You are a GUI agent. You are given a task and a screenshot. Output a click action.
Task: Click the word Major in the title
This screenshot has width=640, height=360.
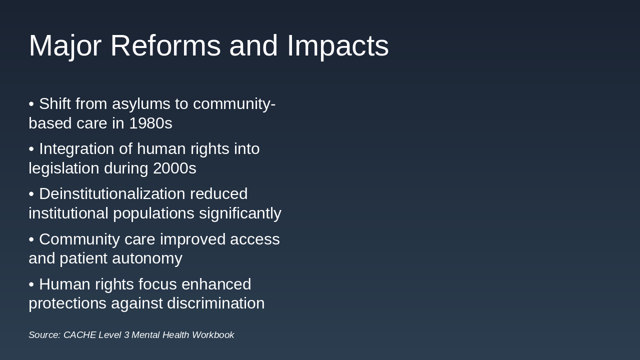coord(65,46)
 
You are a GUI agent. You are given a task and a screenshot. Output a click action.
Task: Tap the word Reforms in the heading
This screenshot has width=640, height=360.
coord(165,46)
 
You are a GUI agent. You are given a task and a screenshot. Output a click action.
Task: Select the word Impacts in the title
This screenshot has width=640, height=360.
coord(337,46)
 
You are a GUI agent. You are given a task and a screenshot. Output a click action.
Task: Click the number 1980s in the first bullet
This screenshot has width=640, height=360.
coord(150,123)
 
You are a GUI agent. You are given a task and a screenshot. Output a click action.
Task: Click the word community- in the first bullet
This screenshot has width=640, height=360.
coord(234,104)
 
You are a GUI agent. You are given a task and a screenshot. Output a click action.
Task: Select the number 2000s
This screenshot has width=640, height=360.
coord(174,168)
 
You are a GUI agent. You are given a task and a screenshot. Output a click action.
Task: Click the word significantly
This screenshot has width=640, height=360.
coord(240,213)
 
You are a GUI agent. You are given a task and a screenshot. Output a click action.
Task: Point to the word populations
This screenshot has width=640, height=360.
coord(153,213)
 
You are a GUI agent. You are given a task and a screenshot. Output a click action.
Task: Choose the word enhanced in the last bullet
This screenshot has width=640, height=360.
coord(216,284)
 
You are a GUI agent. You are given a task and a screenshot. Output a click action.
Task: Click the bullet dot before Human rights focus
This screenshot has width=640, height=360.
coord(31,284)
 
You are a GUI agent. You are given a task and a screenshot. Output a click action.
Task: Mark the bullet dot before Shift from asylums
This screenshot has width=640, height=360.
coord(31,104)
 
